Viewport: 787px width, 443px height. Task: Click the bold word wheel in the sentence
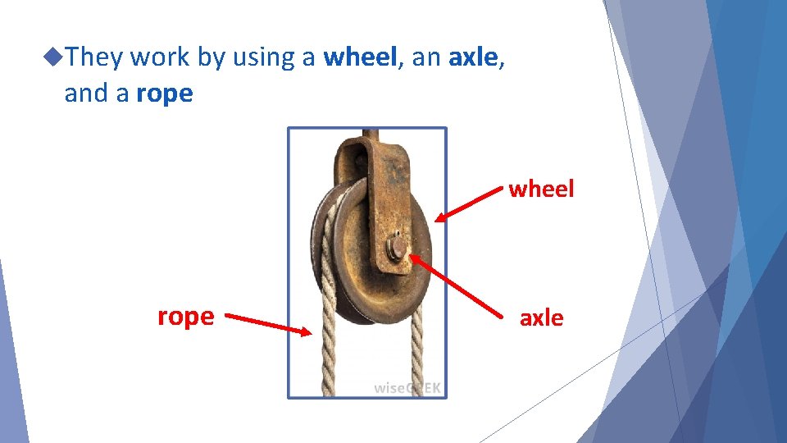360,57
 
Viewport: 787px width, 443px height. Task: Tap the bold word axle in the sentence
473,57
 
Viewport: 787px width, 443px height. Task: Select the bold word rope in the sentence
165,94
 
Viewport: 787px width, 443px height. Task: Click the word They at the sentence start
95,57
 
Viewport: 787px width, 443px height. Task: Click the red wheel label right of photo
541,190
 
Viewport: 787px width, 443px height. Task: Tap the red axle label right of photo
541,317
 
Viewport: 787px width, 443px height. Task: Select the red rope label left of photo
185,316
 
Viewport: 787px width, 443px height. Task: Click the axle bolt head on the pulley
397,246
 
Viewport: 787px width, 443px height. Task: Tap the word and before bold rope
86,94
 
